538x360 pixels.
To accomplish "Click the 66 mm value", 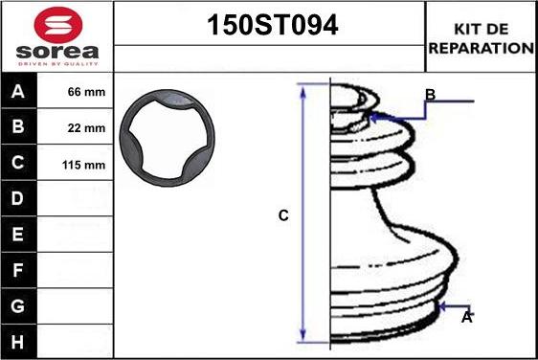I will point(86,93).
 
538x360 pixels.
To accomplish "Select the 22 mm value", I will point(86,128).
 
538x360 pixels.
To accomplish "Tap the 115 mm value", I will point(83,165).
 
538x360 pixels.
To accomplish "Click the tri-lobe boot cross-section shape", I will point(167,136).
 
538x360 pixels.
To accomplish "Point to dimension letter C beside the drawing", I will point(283,216).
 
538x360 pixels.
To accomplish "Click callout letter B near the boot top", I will point(431,95).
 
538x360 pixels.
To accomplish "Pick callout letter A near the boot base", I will point(467,317).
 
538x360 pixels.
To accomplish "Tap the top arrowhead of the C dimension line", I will point(303,90).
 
